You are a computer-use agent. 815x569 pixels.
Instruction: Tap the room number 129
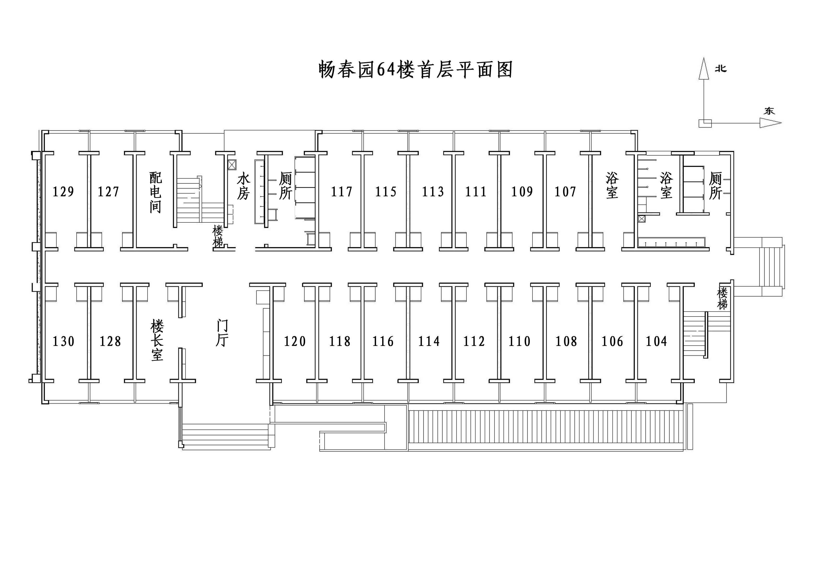pos(64,192)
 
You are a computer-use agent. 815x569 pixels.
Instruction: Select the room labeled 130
pos(64,341)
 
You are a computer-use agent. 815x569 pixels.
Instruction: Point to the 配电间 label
pos(156,192)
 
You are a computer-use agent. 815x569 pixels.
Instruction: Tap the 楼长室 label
pos(157,340)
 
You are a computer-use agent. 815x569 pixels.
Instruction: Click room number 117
pos(341,192)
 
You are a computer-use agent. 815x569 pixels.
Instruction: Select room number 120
pos(295,341)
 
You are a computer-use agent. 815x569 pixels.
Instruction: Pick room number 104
pos(656,341)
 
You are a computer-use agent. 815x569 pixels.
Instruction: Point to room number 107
pos(565,192)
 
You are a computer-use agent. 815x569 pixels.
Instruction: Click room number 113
pos(433,192)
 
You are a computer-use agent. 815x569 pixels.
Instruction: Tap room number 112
pos(474,341)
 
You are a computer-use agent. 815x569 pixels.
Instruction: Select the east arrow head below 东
pos(770,123)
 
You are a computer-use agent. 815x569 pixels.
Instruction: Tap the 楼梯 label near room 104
pos(722,298)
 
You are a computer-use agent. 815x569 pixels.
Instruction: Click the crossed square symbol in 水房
pos(232,165)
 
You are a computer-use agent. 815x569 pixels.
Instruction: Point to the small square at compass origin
pos(705,123)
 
